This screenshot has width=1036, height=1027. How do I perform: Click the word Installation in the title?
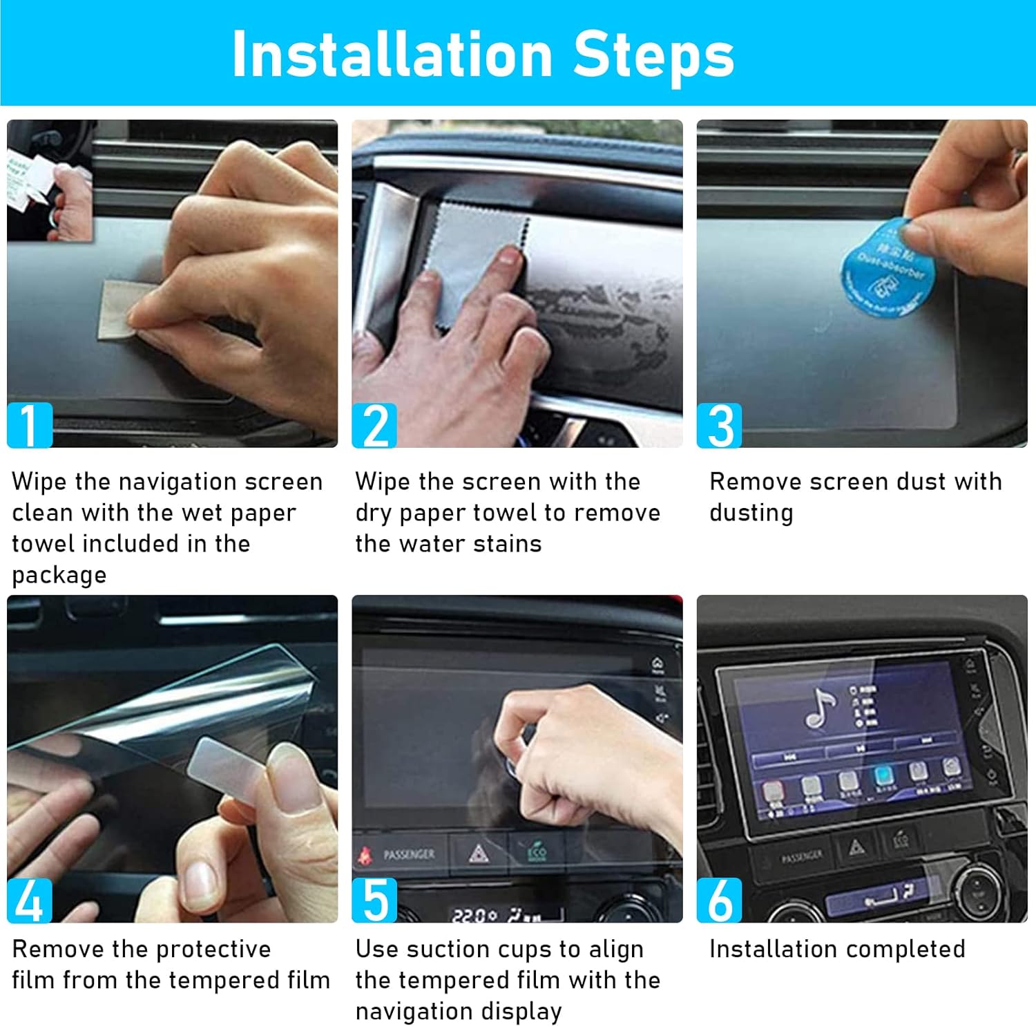click(x=392, y=55)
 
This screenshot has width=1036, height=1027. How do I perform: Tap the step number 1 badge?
click(x=30, y=424)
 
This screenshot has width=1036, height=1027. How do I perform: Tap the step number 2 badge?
click(x=374, y=425)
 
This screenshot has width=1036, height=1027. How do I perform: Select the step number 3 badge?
click(x=719, y=425)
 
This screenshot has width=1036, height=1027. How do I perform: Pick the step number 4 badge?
click(x=30, y=900)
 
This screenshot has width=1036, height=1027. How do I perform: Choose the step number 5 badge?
click(x=374, y=900)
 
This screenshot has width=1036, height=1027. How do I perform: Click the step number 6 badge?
click(x=719, y=900)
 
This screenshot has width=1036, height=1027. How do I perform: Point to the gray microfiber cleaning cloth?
click(x=470, y=256)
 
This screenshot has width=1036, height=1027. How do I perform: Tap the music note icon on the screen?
click(x=821, y=708)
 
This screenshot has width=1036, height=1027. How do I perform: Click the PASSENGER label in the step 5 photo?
click(x=409, y=855)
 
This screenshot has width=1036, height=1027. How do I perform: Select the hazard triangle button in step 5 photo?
click(x=478, y=854)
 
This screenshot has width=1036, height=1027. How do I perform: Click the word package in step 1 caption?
click(x=59, y=576)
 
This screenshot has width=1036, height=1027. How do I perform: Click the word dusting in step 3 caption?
click(x=751, y=513)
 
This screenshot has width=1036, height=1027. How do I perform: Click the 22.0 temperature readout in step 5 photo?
click(x=474, y=916)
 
